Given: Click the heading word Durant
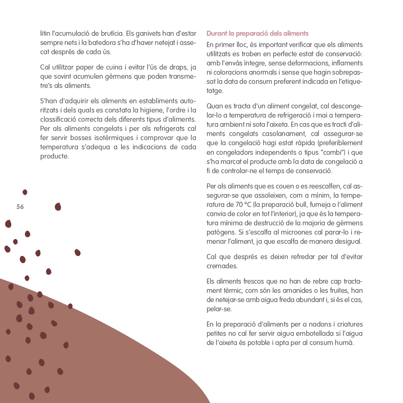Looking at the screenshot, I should [x=217, y=33].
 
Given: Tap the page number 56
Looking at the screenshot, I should [x=20, y=207].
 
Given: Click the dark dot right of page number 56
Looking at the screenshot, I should [x=58, y=207].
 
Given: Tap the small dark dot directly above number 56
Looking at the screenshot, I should [x=25, y=192].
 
